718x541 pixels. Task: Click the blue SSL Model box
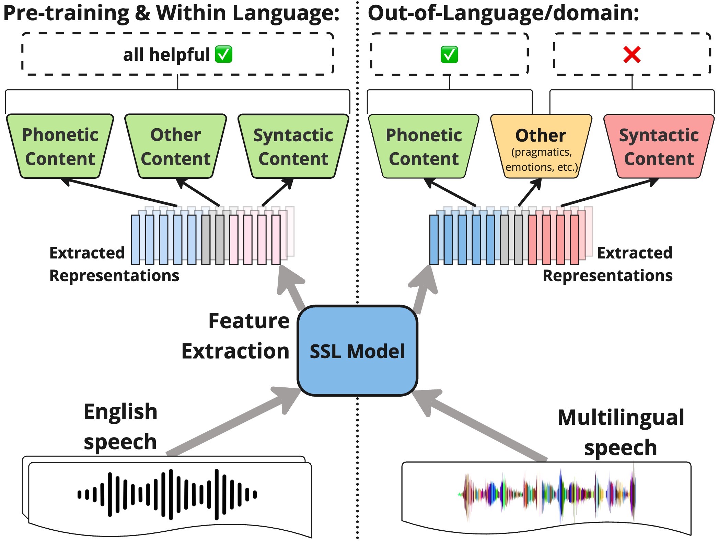click(x=357, y=351)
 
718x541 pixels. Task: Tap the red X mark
click(x=632, y=55)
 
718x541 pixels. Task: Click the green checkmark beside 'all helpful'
click(x=223, y=55)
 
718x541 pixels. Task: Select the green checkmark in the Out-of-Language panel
click(x=449, y=55)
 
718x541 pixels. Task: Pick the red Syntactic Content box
click(x=658, y=147)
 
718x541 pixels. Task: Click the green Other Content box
click(x=175, y=147)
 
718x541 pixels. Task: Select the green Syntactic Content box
click(x=293, y=147)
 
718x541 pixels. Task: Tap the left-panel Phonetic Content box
click(x=60, y=147)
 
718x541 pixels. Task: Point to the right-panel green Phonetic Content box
click(x=424, y=147)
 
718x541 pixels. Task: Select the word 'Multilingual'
click(x=621, y=417)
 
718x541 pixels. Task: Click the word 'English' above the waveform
click(x=120, y=411)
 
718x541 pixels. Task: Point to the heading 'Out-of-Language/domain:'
click(x=503, y=13)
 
